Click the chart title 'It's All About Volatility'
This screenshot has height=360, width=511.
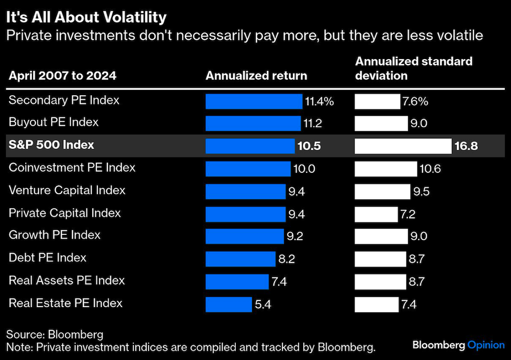tap(86, 17)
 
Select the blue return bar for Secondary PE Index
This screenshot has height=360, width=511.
tap(254, 101)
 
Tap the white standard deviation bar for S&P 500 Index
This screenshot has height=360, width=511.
tap(403, 146)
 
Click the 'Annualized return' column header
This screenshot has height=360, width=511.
tap(256, 75)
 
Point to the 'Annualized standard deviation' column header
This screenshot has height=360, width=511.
tap(414, 69)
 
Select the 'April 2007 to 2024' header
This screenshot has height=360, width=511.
tap(62, 76)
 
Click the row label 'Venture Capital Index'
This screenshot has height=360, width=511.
tap(67, 190)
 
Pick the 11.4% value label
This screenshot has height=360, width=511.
tap(319, 102)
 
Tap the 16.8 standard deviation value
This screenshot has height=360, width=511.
tap(466, 146)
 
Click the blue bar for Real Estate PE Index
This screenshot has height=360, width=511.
tap(229, 304)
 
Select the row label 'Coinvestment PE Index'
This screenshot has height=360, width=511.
tap(72, 168)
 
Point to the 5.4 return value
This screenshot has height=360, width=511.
tap(264, 304)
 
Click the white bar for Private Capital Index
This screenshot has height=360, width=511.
tap(376, 214)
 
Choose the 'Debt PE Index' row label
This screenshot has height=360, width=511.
tap(48, 258)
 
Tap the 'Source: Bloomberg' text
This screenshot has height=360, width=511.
tap(55, 334)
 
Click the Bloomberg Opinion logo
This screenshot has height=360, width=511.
tap(458, 345)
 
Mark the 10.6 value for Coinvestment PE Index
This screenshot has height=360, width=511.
tap(430, 168)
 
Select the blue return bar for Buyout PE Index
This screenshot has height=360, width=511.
tap(253, 123)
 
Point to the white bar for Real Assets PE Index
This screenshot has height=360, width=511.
tap(380, 282)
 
